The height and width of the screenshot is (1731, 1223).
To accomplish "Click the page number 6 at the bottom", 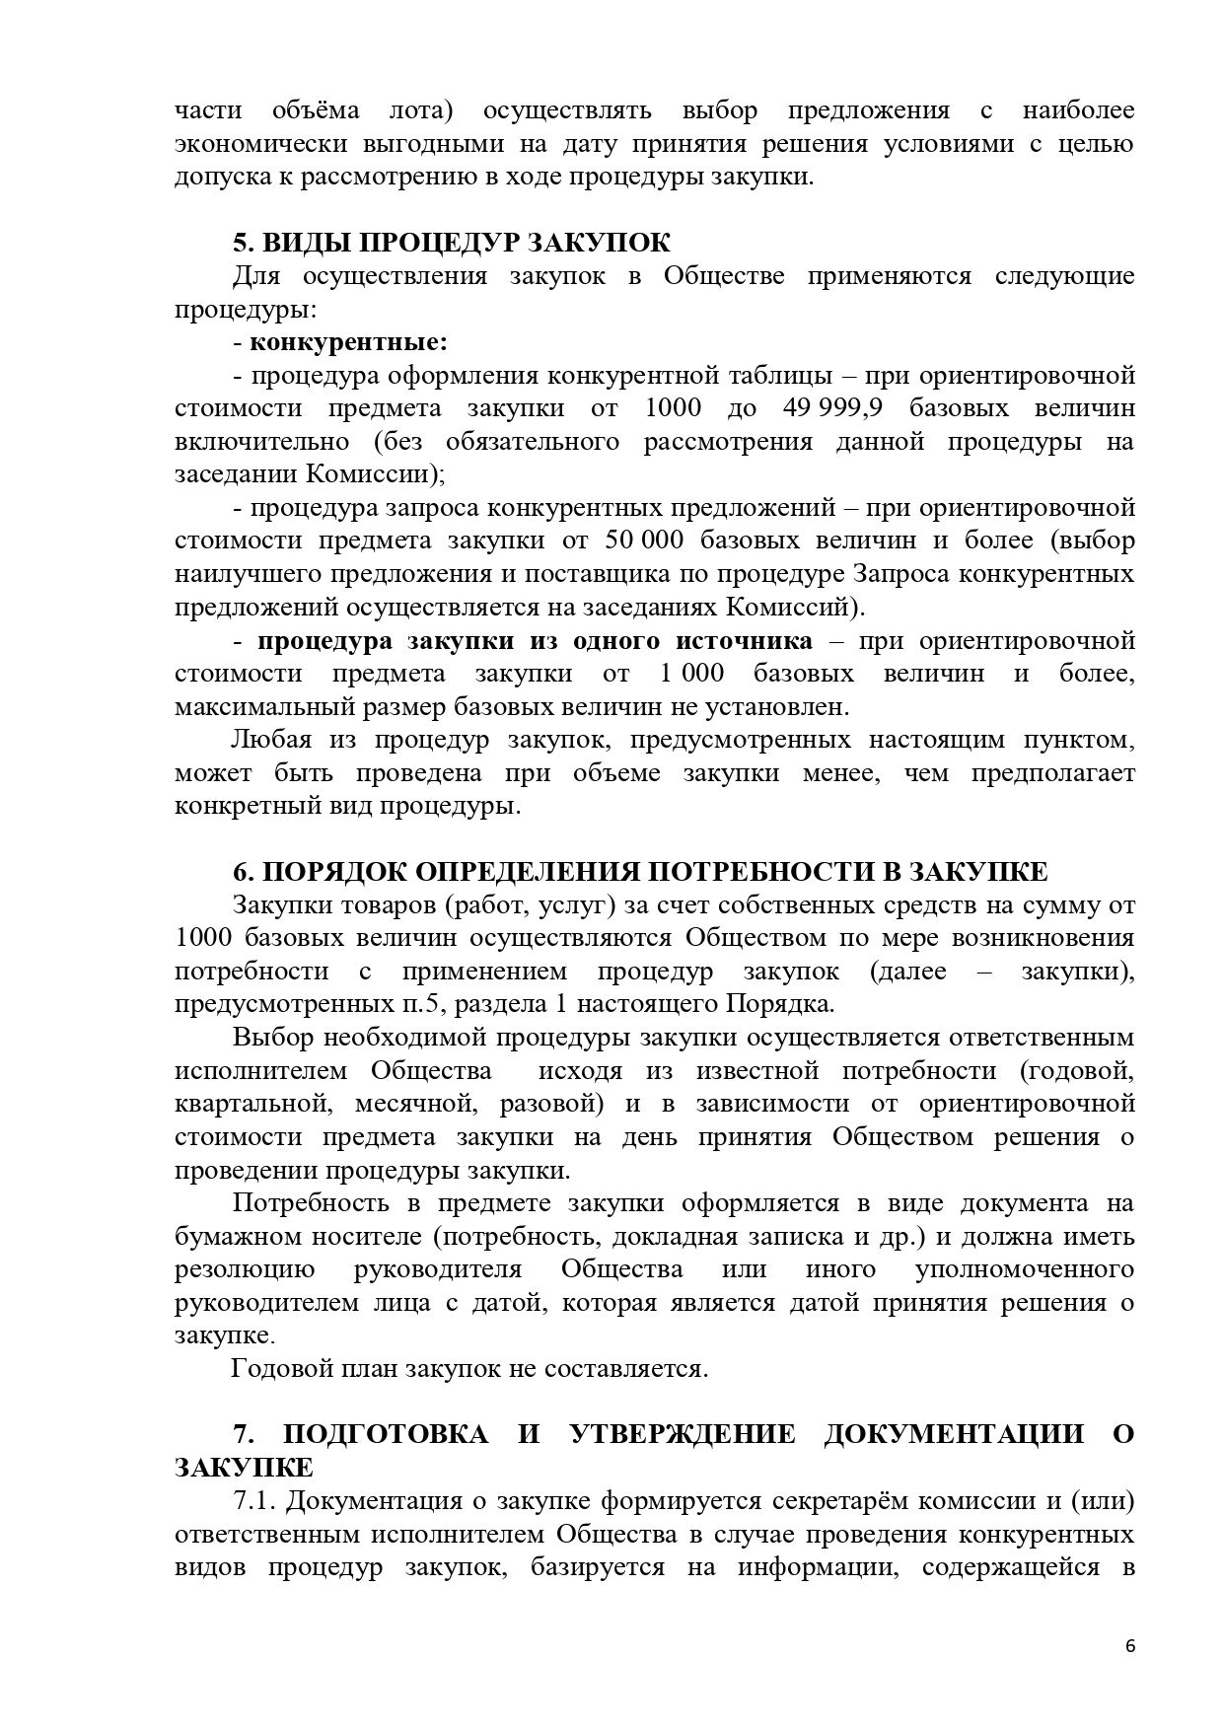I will pos(1129,1647).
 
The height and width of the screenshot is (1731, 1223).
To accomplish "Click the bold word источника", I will pos(745,641).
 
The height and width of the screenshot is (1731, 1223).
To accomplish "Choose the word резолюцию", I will pos(245,1269).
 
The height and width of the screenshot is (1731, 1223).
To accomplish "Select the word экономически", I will pos(260,144).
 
